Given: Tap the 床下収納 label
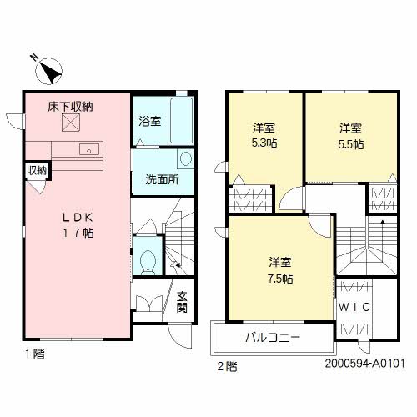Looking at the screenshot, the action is pos(70,107).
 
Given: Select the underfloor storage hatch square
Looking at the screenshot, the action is pos(71,123).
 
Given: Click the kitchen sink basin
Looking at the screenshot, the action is pos(89,149).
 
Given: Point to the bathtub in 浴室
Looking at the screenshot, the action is pos(181,120).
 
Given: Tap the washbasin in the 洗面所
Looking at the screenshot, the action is pos(186,158).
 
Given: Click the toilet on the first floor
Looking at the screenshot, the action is pos(148,262).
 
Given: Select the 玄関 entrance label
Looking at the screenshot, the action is pos(182,302).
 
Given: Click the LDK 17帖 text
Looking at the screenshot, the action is pos(78,225).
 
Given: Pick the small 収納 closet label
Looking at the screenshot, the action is pos(37,170).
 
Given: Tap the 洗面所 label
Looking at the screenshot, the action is pos(163,180).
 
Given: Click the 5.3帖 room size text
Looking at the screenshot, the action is pos(264,143).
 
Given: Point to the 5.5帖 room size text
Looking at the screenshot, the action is pos(351,144).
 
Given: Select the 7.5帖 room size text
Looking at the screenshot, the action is pos(280,279).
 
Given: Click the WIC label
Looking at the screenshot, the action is pos(354,307).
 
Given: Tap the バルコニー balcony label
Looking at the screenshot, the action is pos(273,338).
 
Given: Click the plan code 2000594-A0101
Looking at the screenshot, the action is pos(364,364).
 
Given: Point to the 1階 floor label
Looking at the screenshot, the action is pos(35,354).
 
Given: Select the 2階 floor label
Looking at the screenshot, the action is pos(227,367).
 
